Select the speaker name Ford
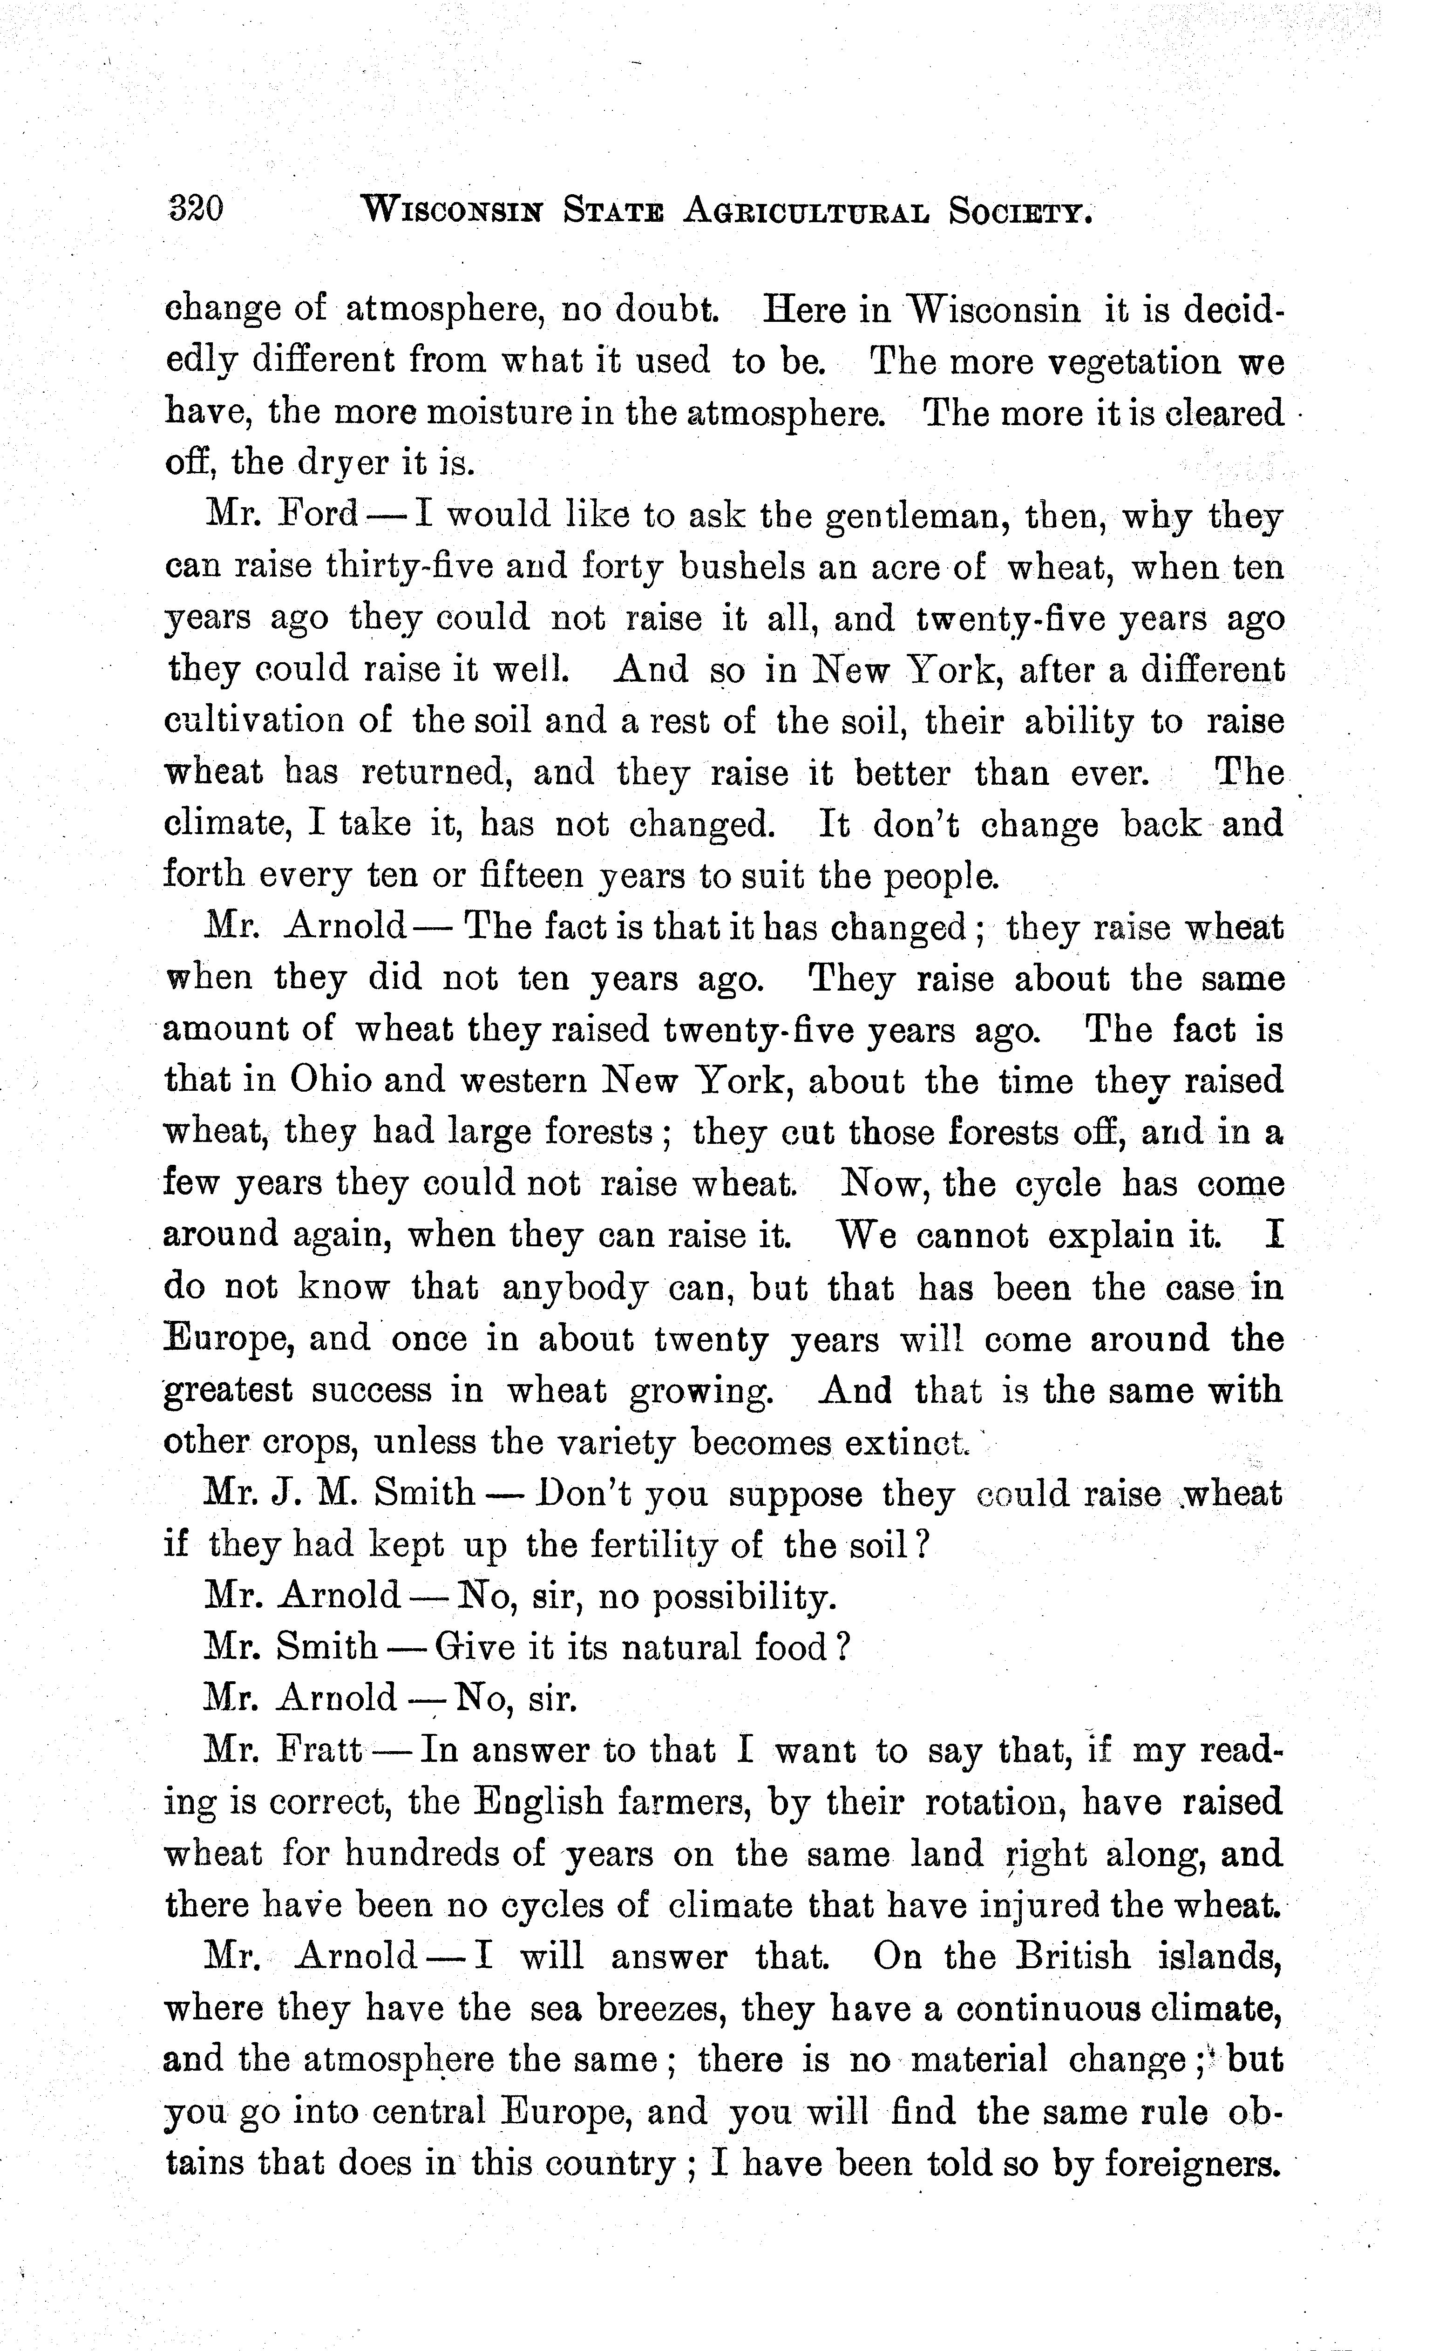tap(316, 516)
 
